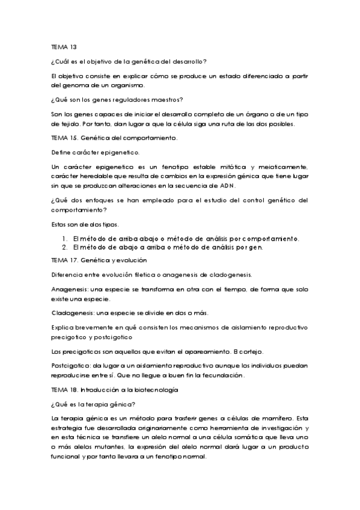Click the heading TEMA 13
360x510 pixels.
tap(64, 46)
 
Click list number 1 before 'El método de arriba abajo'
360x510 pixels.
tap(64, 238)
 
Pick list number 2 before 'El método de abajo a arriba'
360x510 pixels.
tap(64, 247)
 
